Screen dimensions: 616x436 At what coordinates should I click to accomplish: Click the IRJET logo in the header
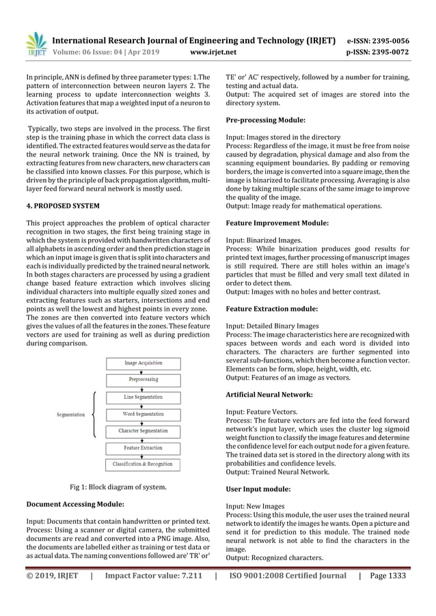click(36, 44)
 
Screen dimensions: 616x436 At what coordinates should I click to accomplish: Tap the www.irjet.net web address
click(217, 51)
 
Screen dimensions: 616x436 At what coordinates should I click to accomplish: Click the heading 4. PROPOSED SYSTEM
click(62, 205)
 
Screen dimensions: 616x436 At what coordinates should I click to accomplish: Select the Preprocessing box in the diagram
click(144, 379)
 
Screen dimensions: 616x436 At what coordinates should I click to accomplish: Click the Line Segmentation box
click(144, 396)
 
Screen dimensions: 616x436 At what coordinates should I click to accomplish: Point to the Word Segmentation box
click(144, 414)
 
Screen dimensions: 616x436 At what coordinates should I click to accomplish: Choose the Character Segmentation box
click(144, 431)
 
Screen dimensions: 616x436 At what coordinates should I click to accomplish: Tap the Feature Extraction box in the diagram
click(144, 448)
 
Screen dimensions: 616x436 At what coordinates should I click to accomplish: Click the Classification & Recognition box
click(144, 465)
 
